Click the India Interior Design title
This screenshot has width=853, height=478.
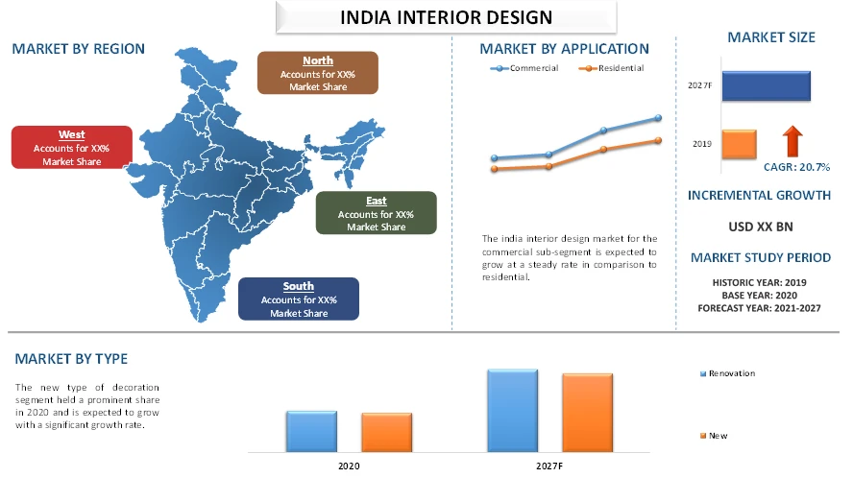pos(446,17)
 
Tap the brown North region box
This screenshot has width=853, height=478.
pos(318,73)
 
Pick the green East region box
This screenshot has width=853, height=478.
pos(376,213)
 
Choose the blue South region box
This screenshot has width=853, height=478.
pos(298,299)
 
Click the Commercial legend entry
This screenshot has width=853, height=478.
pos(524,68)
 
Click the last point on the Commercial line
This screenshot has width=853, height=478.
pos(659,118)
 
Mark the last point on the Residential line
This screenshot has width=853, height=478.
pos(659,140)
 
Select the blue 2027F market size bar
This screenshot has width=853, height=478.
pos(766,85)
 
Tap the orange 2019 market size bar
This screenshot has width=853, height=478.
pos(739,144)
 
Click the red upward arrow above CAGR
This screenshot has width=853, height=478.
pos(792,140)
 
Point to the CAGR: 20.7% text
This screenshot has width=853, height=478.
pos(796,167)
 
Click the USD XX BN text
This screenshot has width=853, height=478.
pos(760,227)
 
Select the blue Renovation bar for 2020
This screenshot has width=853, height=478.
pos(311,431)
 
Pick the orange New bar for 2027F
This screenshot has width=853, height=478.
pos(587,412)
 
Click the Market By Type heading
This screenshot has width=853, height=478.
pos(71,359)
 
